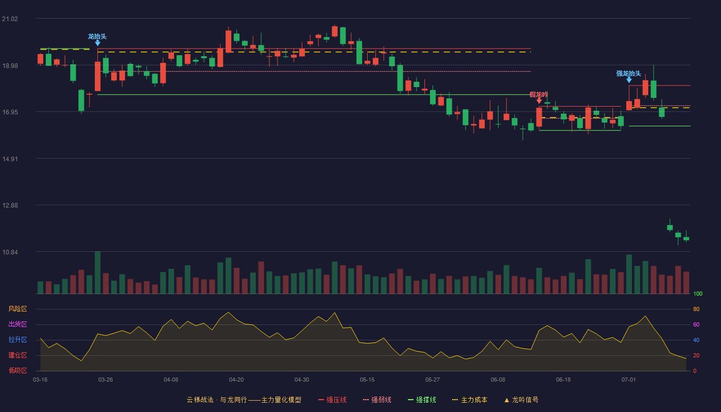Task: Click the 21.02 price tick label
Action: click(x=10, y=19)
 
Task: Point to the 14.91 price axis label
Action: click(x=10, y=159)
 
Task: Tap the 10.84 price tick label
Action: click(x=10, y=252)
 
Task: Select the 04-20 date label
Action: click(x=236, y=380)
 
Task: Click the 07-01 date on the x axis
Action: click(x=629, y=380)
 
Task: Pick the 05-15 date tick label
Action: click(x=367, y=380)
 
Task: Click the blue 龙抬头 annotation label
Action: click(x=97, y=37)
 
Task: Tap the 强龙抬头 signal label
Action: click(x=629, y=73)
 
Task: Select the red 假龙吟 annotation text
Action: click(x=539, y=95)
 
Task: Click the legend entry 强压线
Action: click(x=332, y=400)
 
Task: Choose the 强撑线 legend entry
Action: click(x=422, y=400)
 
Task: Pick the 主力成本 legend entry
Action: click(x=470, y=400)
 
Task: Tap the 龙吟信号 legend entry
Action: click(x=521, y=400)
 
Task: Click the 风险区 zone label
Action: click(x=18, y=309)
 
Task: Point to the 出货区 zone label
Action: click(x=18, y=324)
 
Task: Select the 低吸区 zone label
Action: click(x=18, y=370)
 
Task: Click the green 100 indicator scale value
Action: click(x=698, y=294)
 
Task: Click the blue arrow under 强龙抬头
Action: click(x=629, y=80)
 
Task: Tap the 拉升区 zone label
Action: click(x=18, y=339)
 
